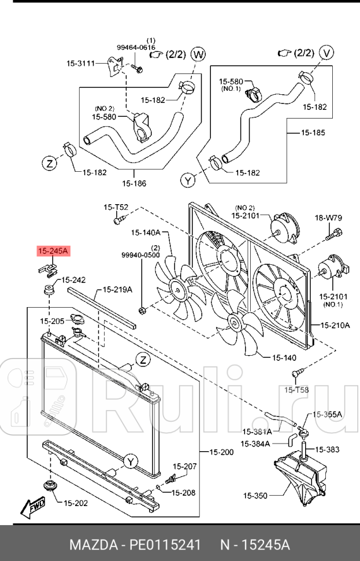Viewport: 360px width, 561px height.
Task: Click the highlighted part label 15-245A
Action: pyautogui.click(x=53, y=250)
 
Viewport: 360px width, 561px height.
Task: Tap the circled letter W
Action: pyautogui.click(x=198, y=54)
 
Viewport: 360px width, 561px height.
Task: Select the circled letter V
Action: pyautogui.click(x=328, y=53)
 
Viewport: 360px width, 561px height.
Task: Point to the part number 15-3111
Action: pyautogui.click(x=80, y=63)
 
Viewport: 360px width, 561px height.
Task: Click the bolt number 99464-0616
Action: pyautogui.click(x=136, y=47)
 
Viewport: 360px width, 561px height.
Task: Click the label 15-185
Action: pyautogui.click(x=313, y=132)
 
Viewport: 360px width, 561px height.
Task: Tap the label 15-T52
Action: pyautogui.click(x=116, y=207)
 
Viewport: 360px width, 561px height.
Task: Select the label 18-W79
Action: pyautogui.click(x=328, y=218)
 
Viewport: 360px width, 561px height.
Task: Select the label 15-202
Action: pyautogui.click(x=76, y=503)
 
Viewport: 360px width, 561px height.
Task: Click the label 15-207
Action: pyautogui.click(x=185, y=466)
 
